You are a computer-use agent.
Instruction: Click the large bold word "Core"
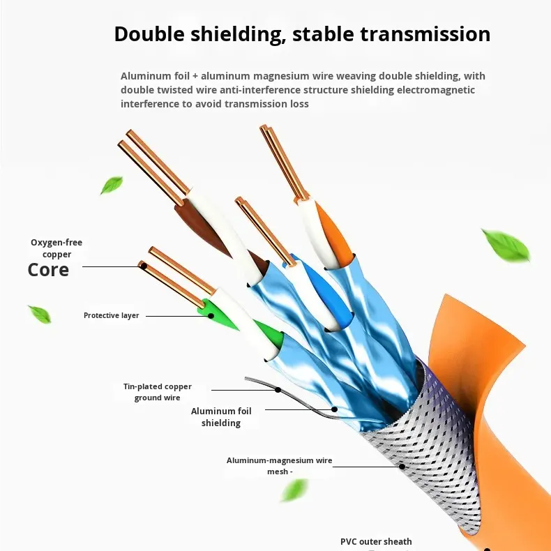(x=48, y=270)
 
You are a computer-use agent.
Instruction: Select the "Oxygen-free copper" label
(x=56, y=248)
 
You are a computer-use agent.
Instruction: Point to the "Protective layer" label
(x=112, y=315)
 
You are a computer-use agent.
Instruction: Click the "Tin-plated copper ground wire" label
(x=158, y=392)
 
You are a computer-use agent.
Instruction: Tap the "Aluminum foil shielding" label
(x=221, y=417)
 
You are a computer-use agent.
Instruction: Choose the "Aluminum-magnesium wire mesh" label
(x=279, y=465)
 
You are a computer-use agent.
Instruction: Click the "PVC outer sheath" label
(x=376, y=541)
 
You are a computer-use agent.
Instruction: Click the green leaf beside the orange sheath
(x=506, y=246)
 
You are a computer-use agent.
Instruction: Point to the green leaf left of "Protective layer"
(x=39, y=314)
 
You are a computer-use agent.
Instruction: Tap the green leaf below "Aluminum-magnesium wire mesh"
(x=294, y=490)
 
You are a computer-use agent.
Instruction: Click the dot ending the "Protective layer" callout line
(x=211, y=315)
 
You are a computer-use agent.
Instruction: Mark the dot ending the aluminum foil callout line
(x=335, y=409)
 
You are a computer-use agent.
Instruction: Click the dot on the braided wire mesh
(x=402, y=465)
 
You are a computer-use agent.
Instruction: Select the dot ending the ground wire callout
(x=278, y=390)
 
